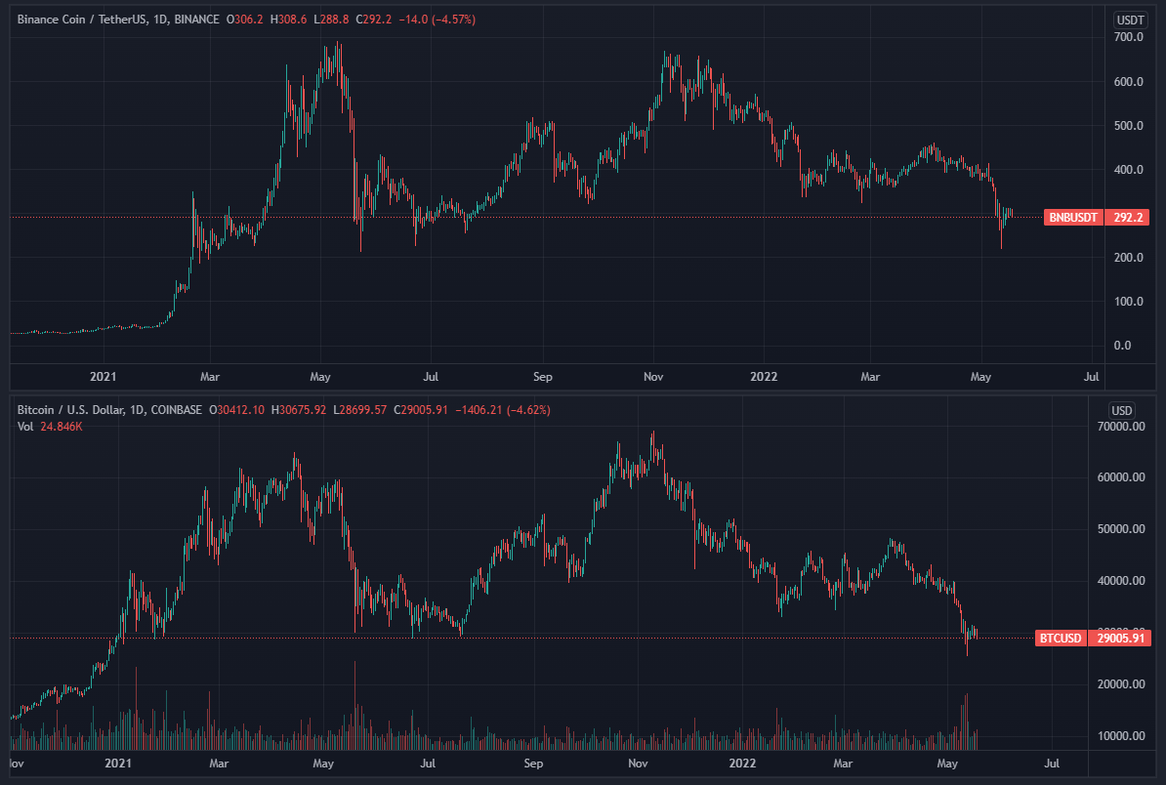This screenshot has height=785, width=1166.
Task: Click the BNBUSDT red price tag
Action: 1073,217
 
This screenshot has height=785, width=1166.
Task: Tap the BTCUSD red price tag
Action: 1059,639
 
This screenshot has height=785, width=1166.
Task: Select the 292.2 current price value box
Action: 1128,217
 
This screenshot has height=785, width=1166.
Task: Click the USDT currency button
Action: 1130,20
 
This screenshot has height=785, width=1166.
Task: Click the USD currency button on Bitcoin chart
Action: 1121,410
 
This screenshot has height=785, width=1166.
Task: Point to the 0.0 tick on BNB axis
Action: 1122,346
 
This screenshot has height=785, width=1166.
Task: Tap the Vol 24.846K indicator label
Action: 49,426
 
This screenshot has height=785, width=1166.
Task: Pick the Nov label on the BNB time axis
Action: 654,376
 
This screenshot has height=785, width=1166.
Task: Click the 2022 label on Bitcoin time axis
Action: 743,763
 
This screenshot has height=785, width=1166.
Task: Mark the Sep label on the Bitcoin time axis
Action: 533,763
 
